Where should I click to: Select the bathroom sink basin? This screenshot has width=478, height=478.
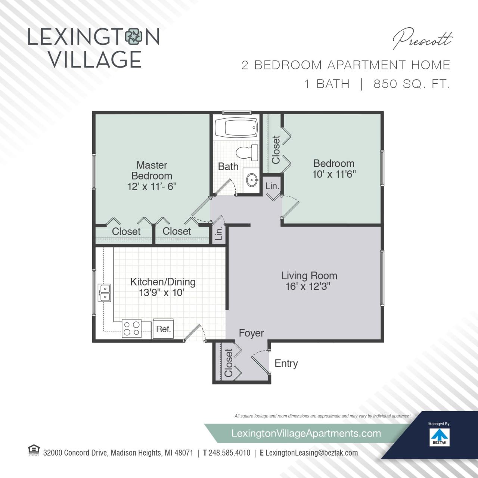(x=252, y=181)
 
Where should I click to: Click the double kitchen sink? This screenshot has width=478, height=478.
(x=105, y=293)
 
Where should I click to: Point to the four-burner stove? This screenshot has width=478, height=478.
(x=132, y=329)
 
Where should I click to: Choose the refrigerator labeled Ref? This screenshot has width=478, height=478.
(x=163, y=329)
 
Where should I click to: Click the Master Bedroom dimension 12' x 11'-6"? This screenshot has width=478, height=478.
(x=152, y=186)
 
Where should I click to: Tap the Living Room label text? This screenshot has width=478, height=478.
(x=309, y=276)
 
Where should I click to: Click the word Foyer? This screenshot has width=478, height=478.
(x=251, y=333)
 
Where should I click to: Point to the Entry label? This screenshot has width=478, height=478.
(x=286, y=363)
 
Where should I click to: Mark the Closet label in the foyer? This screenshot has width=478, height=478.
(x=229, y=363)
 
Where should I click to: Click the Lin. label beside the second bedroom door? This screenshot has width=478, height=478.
(x=272, y=186)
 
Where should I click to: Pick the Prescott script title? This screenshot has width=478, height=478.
(x=422, y=40)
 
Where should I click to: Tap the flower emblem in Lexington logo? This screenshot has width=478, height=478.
(x=134, y=37)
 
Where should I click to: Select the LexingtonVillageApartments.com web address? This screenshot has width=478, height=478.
(x=306, y=433)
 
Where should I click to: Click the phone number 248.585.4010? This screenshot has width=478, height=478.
(x=229, y=453)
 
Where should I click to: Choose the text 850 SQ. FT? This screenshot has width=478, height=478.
(x=411, y=84)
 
